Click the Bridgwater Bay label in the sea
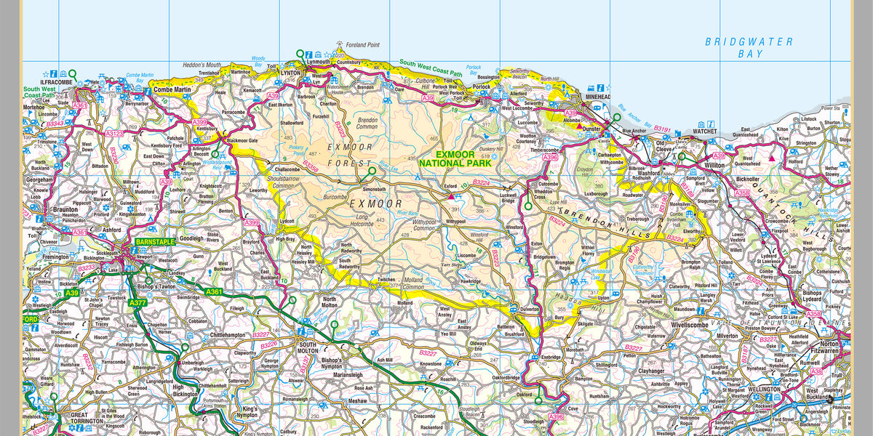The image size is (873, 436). pyautogui.click(x=749, y=47)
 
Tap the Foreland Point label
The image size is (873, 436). pyautogui.click(x=363, y=45)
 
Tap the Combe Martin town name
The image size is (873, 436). pyautogui.click(x=172, y=89)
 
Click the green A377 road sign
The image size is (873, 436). pyautogui.click(x=138, y=302)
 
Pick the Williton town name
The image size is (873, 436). pyautogui.click(x=697, y=166)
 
